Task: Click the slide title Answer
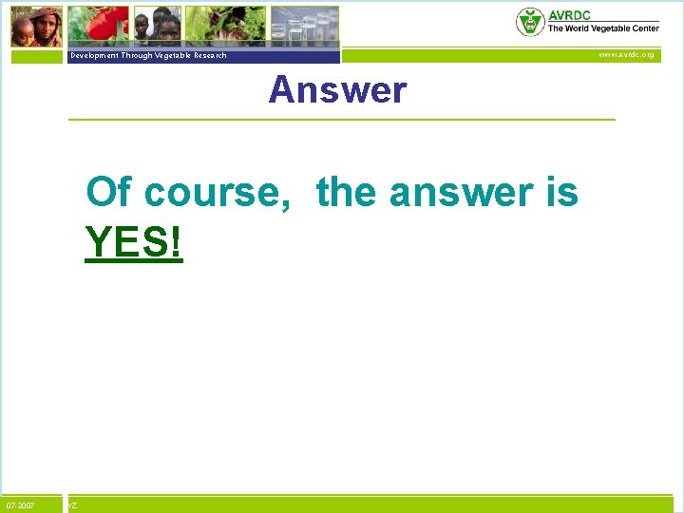(x=337, y=91)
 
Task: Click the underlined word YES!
(x=133, y=243)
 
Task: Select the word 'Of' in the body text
(x=109, y=193)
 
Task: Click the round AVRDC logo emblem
(x=530, y=22)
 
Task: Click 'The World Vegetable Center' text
(x=602, y=28)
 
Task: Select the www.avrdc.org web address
(x=625, y=55)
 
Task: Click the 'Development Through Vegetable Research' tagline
(x=148, y=56)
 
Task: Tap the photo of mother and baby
(x=36, y=27)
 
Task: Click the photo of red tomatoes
(x=98, y=27)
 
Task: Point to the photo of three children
(x=156, y=27)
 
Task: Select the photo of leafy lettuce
(x=224, y=27)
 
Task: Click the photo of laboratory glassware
(x=304, y=27)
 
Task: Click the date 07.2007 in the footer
(x=20, y=505)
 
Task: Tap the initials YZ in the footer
(x=73, y=505)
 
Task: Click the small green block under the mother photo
(x=36, y=56)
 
